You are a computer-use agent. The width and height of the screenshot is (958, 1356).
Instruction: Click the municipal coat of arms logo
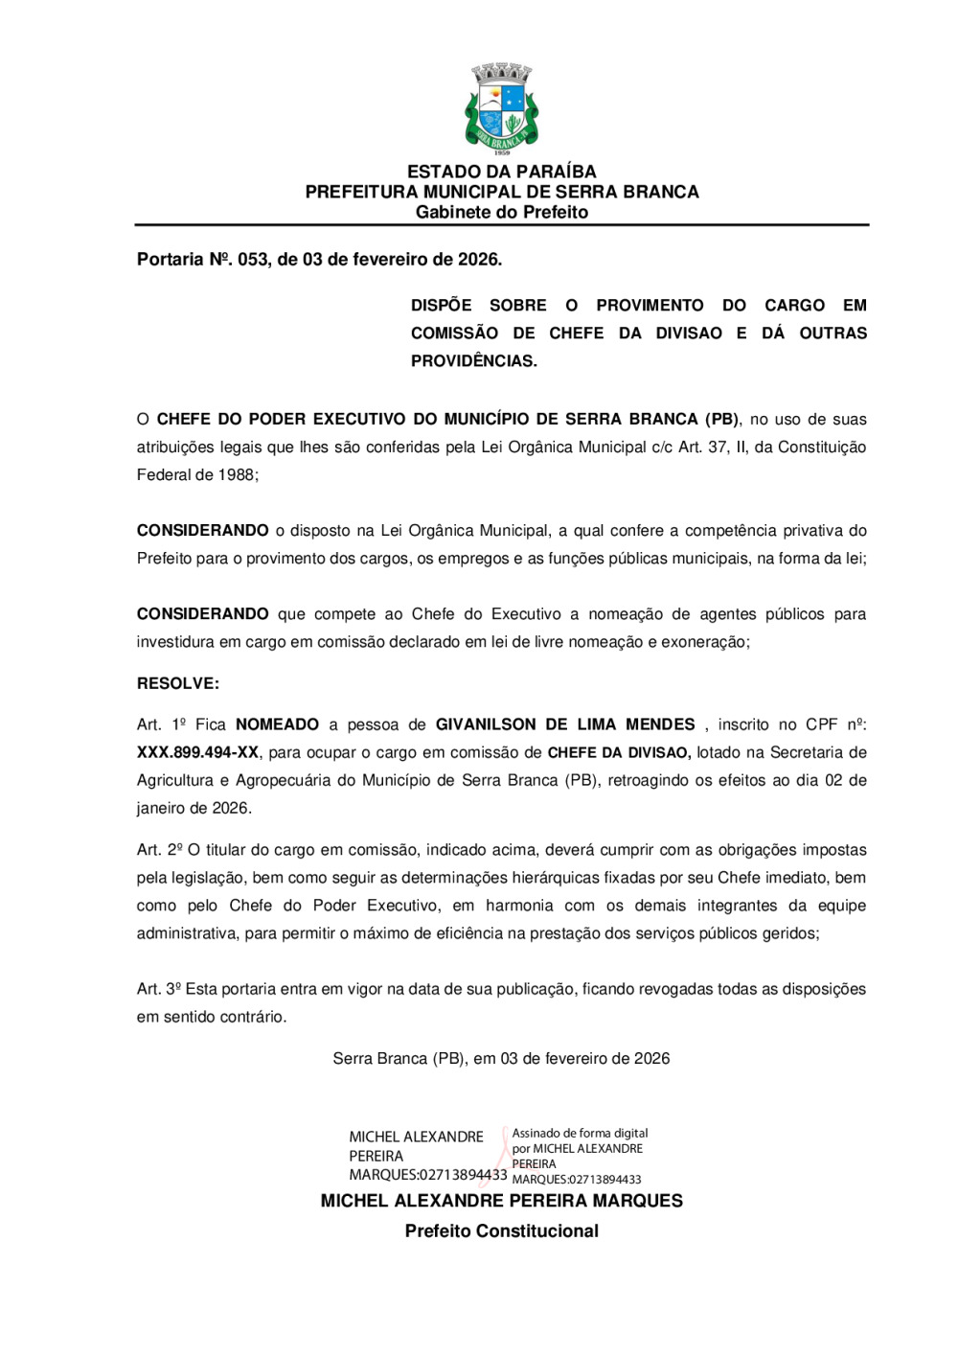click(501, 108)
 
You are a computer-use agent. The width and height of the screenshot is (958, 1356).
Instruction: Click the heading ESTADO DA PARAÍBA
click(501, 172)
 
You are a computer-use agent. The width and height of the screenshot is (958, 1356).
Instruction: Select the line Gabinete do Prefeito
click(501, 212)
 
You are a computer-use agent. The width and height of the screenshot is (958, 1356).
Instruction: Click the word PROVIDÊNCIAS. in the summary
click(474, 361)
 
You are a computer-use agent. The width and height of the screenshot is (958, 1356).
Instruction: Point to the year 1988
click(236, 474)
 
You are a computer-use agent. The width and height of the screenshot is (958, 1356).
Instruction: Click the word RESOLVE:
click(178, 683)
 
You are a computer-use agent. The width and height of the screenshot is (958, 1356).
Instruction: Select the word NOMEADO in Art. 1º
click(277, 724)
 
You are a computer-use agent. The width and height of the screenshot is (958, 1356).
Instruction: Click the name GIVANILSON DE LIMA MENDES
click(565, 724)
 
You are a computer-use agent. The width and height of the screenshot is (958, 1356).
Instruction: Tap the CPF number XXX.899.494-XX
click(197, 752)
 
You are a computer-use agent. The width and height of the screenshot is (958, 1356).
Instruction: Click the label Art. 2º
click(159, 850)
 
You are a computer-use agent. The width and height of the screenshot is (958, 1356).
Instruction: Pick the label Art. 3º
click(159, 989)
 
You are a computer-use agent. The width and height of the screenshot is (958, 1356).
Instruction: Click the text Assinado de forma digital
click(580, 1133)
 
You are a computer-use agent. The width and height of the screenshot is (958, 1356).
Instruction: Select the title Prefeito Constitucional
click(501, 1231)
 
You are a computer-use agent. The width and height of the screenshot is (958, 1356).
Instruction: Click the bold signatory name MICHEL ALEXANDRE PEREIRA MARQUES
click(501, 1201)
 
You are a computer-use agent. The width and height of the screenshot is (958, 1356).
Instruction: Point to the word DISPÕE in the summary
click(441, 306)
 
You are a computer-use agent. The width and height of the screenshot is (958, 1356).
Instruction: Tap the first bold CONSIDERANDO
click(203, 531)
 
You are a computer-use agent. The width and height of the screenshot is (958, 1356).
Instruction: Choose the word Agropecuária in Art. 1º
click(293, 780)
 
